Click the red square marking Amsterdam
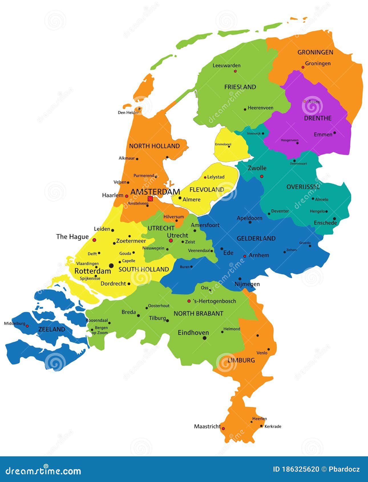coord(150,199)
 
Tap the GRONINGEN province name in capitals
coord(315,52)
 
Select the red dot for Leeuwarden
coord(235,71)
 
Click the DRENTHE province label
coord(318,118)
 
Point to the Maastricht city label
coord(207,426)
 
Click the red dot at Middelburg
coord(27,326)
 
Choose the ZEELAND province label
coord(52,329)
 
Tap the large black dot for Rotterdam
coord(111,266)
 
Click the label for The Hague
coord(72,236)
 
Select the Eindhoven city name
coord(193,333)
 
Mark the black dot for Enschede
coord(334,219)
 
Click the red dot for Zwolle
coord(262,176)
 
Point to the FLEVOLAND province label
coord(207,190)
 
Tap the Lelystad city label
coord(216,177)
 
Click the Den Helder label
coord(128,113)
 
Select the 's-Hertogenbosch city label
coord(214,301)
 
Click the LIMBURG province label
coord(241,360)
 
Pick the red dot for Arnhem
coord(244,256)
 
